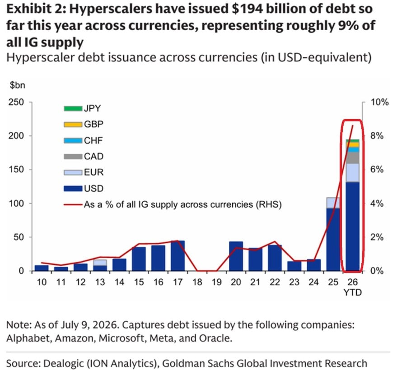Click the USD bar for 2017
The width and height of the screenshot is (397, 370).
click(x=178, y=256)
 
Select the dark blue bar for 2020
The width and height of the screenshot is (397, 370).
click(x=236, y=256)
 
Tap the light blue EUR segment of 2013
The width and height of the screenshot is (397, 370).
click(x=100, y=263)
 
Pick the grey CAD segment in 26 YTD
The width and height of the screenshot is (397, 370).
click(x=352, y=158)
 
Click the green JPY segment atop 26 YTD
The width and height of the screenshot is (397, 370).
click(x=352, y=141)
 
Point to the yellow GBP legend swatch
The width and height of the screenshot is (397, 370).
click(x=73, y=125)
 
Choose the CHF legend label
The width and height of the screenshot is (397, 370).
click(x=93, y=140)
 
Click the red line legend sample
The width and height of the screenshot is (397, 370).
click(x=73, y=204)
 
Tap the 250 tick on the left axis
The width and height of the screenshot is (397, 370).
click(x=16, y=102)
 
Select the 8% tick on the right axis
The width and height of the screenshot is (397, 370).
click(x=377, y=136)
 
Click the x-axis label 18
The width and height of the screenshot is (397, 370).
click(x=197, y=282)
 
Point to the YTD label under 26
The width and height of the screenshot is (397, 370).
click(x=352, y=292)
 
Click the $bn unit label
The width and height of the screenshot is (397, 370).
click(x=18, y=85)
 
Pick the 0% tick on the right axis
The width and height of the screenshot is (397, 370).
click(x=377, y=271)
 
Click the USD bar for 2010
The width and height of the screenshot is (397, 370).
click(x=42, y=268)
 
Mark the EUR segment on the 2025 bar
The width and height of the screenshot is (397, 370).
click(x=333, y=203)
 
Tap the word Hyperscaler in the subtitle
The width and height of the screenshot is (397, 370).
click(x=41, y=57)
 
